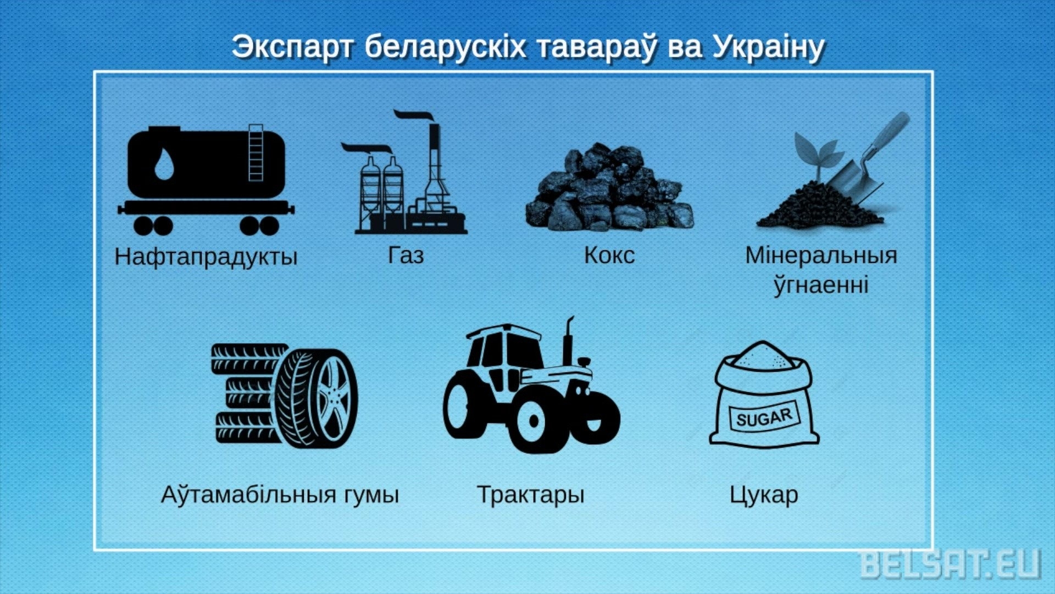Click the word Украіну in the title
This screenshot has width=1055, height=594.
coord(769,47)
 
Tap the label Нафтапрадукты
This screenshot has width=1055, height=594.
coord(206,257)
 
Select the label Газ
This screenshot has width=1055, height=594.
coord(406,255)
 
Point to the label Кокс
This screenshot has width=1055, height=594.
coord(609,255)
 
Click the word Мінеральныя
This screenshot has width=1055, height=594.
coord(821,255)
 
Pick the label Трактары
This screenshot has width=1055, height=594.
coord(530,494)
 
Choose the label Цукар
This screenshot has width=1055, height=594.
coord(764,494)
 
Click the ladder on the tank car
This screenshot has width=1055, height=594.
coord(256,152)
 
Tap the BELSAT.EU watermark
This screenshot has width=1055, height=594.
coord(950,564)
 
